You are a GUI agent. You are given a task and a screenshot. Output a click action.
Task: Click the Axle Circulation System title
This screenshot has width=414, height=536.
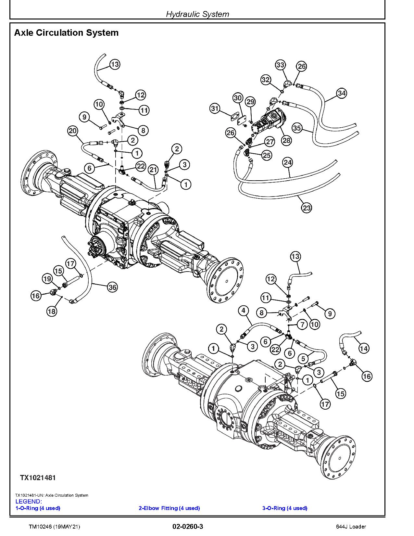[66, 33]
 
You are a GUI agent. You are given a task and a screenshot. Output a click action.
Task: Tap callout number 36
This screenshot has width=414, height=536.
[112, 287]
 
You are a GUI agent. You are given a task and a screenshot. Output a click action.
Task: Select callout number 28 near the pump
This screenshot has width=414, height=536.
[286, 140]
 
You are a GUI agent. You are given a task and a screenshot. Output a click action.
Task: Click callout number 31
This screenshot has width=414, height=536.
[215, 108]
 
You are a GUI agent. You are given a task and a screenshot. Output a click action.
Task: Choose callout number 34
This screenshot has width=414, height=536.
[341, 93]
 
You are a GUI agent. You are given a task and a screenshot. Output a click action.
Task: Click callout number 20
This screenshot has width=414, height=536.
[73, 131]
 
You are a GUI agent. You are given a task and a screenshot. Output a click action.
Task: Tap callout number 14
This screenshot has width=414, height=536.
[364, 349]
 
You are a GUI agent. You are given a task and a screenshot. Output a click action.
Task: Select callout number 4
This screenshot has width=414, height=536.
[244, 311]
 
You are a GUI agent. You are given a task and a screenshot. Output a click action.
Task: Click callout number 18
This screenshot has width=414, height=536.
[52, 311]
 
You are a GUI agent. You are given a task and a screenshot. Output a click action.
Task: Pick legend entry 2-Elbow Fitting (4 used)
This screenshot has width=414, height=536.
[169, 508]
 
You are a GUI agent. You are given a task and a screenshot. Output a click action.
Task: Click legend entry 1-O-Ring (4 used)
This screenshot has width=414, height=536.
[38, 508]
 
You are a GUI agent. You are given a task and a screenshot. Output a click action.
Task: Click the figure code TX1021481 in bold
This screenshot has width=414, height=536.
[38, 478]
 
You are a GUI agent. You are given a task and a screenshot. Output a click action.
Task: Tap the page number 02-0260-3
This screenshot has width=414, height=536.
[188, 527]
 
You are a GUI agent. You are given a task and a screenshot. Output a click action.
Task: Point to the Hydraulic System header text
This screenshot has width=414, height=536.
[197, 14]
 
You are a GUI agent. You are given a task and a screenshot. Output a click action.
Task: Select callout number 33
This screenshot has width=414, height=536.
[280, 65]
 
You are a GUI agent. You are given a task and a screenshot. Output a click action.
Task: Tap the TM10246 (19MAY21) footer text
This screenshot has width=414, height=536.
[54, 527]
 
